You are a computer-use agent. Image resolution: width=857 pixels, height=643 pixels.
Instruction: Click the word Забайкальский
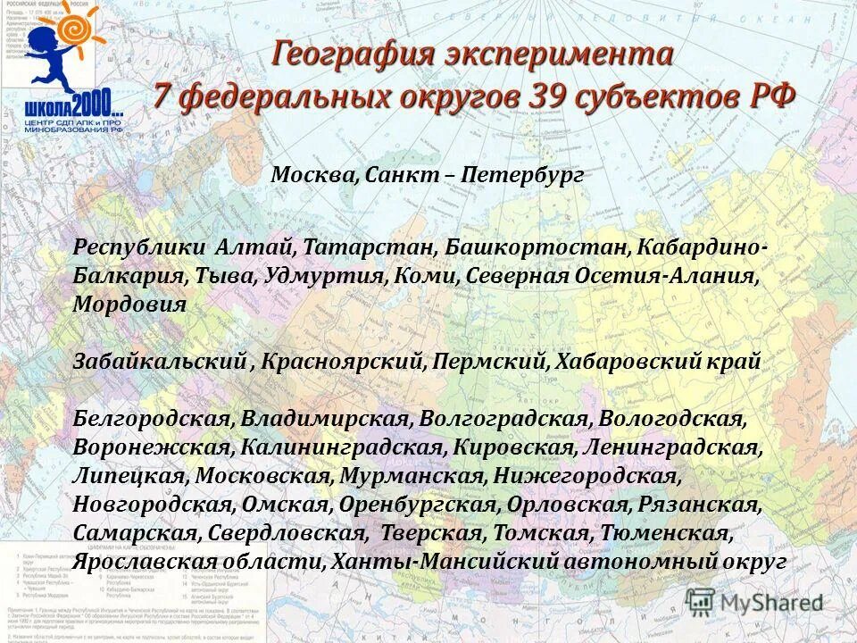[x=160, y=362]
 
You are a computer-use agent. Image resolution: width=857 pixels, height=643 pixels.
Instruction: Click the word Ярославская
[x=145, y=562]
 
